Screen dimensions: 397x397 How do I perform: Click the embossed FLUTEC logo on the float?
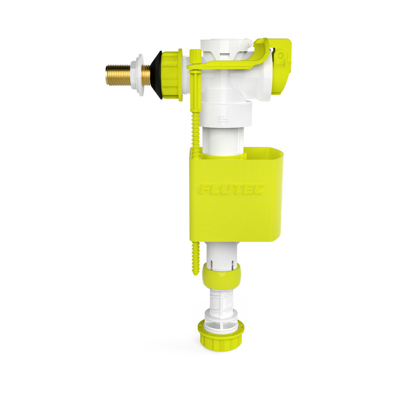click(x=232, y=189)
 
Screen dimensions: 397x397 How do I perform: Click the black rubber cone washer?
click(x=157, y=75)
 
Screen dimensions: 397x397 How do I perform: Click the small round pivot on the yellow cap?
click(x=280, y=56)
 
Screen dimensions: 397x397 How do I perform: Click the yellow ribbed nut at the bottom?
click(x=221, y=335)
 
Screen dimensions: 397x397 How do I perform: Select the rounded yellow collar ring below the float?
click(x=221, y=276)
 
